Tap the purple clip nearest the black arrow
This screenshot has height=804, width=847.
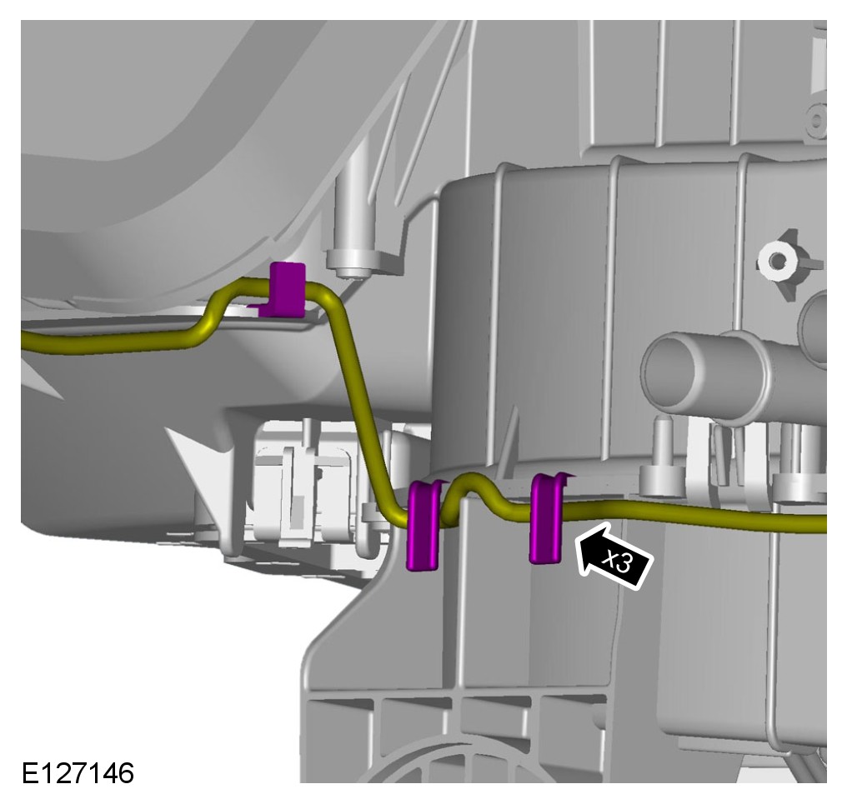tap(547, 518)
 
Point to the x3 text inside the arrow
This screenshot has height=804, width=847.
tap(619, 562)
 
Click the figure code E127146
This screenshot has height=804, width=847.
tap(78, 772)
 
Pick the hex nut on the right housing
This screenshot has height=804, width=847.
tap(778, 261)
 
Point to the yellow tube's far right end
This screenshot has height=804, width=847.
tap(824, 523)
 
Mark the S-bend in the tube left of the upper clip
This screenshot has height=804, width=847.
tap(212, 314)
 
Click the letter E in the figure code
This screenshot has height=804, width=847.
tap(29, 772)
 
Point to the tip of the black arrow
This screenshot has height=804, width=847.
tap(577, 536)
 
